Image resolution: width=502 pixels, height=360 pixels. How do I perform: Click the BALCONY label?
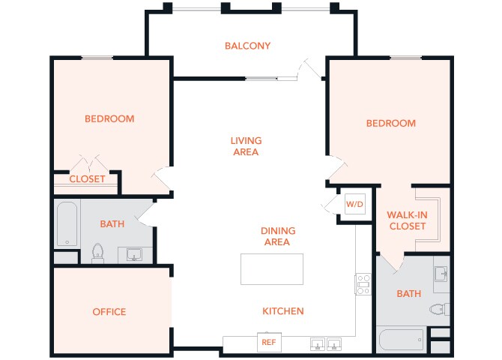coord(247,46)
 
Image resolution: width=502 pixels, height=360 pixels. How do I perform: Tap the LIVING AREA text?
coord(246,146)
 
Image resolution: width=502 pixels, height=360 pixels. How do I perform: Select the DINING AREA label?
coord(278,236)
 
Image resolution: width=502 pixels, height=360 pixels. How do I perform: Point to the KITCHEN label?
coord(282,311)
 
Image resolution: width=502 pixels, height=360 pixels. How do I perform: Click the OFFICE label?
coord(109,312)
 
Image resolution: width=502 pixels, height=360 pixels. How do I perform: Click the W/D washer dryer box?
coord(354,204)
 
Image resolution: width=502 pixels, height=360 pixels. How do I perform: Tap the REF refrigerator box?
coord(268,342)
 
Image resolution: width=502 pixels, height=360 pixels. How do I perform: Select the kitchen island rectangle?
coord(272,269)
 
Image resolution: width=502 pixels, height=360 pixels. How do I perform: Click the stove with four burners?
coord(363,285)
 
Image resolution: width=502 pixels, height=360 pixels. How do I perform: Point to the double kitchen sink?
coord(327,344)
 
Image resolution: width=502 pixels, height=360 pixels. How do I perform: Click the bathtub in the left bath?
coord(67,224)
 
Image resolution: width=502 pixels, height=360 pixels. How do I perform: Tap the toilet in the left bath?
coord(97,253)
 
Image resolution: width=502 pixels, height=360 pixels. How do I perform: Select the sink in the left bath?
coord(135,255)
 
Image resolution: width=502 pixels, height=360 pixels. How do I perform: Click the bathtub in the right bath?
coord(401,340)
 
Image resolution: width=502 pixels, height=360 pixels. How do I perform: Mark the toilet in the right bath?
coord(438,308)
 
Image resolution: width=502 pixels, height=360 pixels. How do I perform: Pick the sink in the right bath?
coord(441,272)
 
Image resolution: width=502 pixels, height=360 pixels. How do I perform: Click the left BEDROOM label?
coord(109,118)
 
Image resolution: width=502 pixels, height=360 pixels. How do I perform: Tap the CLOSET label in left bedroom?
coord(87,179)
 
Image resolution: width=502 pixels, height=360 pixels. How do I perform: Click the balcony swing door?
coord(309,69)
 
